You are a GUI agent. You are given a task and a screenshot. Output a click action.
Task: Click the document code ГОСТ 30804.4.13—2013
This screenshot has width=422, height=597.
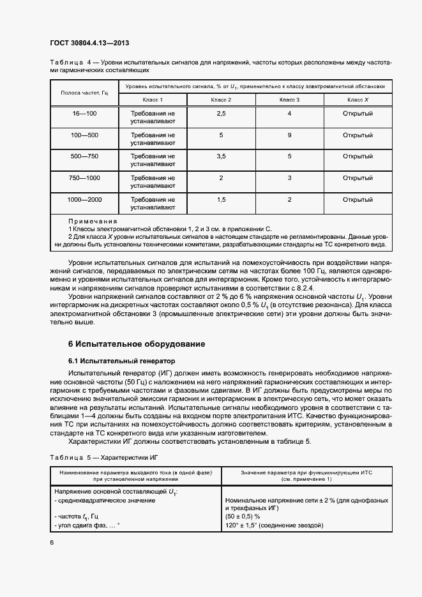coord(93,43)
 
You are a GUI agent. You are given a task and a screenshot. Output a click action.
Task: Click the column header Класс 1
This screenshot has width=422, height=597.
coord(153,100)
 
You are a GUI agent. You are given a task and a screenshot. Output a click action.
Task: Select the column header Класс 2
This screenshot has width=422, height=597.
coord(221,100)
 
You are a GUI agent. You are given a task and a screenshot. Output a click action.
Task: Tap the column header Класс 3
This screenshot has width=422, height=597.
coord(289,100)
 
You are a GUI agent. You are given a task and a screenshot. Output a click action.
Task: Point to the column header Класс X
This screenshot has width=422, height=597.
coord(358,100)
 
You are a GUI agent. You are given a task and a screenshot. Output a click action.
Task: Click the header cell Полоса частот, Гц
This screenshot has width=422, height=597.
coord(85,93)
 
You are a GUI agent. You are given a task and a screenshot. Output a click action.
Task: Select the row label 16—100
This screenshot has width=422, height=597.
coord(85,113)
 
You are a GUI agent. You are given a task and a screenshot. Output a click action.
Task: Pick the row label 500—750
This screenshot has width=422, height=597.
coord(85,156)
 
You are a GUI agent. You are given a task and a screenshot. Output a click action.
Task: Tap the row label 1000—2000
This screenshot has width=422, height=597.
coord(85,200)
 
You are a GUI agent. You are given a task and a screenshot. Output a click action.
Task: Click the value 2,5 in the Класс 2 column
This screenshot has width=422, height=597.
coord(221,113)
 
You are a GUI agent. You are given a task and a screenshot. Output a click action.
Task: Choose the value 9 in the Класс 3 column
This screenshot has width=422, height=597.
coord(289,135)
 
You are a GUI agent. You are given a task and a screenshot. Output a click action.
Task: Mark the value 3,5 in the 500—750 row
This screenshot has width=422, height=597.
coord(221,156)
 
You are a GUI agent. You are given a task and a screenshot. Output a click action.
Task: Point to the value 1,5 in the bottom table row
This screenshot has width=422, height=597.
coord(221,200)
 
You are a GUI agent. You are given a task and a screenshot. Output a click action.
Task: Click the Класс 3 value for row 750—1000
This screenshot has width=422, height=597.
coord(289,178)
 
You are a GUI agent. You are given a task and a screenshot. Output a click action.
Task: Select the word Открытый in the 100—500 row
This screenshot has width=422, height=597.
coord(358,135)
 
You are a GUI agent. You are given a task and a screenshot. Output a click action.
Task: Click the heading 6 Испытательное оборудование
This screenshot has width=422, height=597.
coord(137,344)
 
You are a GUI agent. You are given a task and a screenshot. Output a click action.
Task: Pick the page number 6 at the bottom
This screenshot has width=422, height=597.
coord(52,542)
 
